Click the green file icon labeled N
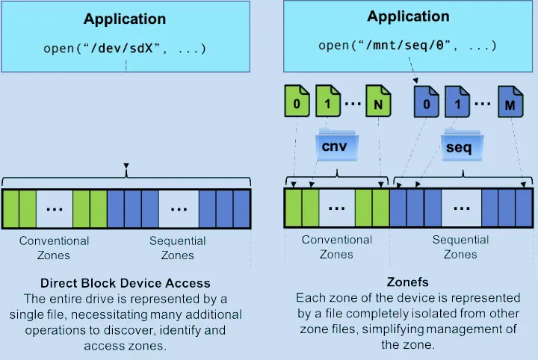(x=378, y=102)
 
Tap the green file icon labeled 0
(x=297, y=102)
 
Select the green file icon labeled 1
(x=328, y=102)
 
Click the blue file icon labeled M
(x=510, y=102)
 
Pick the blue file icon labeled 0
(x=426, y=102)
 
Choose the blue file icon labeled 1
(x=457, y=102)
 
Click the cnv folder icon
(x=337, y=146)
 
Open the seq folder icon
(x=462, y=146)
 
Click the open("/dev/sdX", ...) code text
(x=125, y=49)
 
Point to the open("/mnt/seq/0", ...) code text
(x=407, y=46)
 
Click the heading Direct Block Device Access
(x=126, y=283)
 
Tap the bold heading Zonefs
(x=408, y=282)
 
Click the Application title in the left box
(x=125, y=19)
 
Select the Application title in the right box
(x=408, y=16)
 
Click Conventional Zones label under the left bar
(x=54, y=248)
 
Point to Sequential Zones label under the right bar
(x=460, y=247)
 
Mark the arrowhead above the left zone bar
(x=126, y=166)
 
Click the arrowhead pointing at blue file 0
(x=415, y=81)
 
